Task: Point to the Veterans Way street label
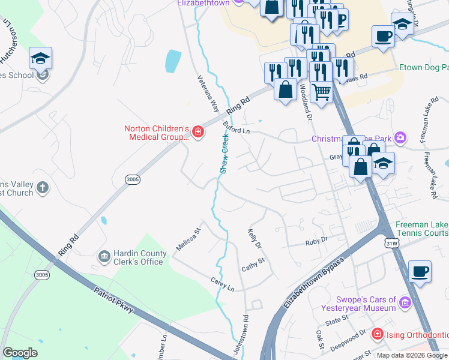point(208,94)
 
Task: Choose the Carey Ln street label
point(222,284)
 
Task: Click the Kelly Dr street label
point(255,238)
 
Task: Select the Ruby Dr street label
point(316,239)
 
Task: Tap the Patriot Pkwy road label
point(113,299)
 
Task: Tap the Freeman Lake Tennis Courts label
point(421,229)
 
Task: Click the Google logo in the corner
point(20,353)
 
